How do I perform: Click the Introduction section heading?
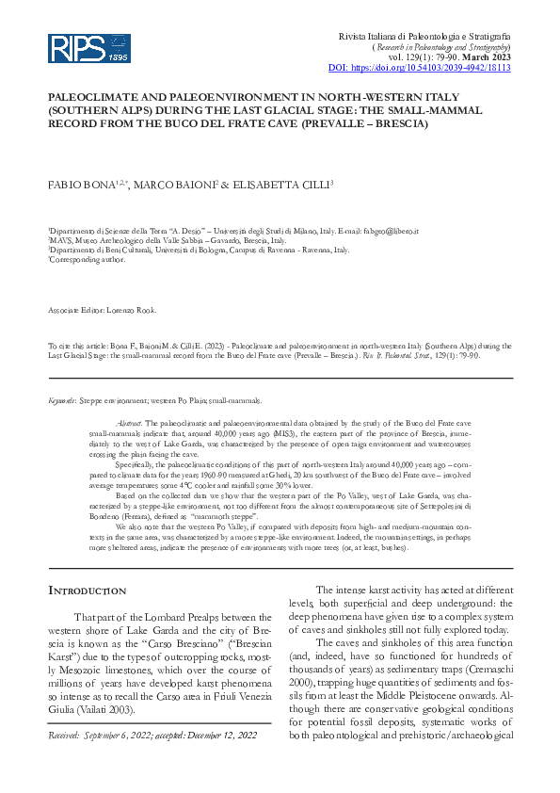(87, 591)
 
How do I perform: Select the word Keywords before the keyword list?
(62, 400)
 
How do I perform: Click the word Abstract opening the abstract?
(129, 425)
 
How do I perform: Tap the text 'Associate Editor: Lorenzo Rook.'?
(104, 310)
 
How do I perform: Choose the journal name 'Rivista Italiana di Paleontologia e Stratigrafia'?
(424, 36)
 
